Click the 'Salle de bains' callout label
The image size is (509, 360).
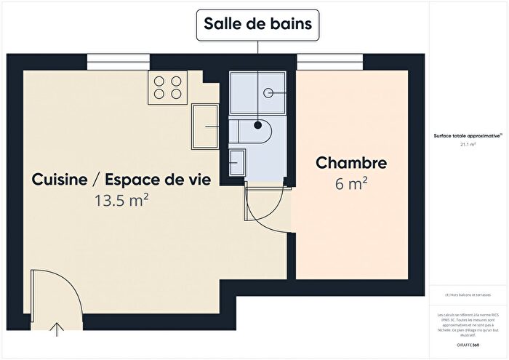258,25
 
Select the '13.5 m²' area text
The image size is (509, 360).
122,200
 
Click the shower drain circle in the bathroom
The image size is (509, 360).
268,92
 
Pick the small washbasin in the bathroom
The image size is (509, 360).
238,161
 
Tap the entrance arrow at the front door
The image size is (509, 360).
56,331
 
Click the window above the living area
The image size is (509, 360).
118,62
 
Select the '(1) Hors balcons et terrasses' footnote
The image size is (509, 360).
468,295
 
